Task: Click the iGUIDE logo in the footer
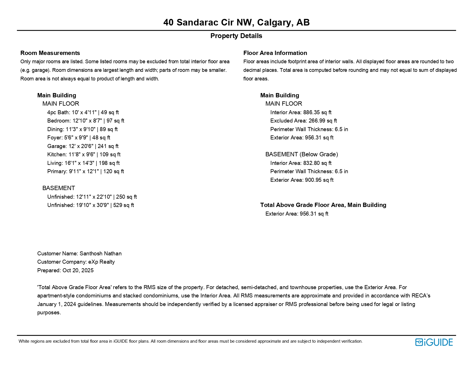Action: click(x=434, y=342)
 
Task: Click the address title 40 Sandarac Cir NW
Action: click(x=236, y=22)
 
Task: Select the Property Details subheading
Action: click(x=236, y=36)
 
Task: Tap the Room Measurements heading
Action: click(x=50, y=53)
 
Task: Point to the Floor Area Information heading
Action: click(x=275, y=53)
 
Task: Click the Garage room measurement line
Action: click(x=83, y=146)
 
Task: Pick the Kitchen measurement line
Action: click(x=84, y=155)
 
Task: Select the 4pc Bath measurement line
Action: click(x=83, y=113)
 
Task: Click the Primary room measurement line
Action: click(x=85, y=171)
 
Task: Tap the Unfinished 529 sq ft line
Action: click(x=91, y=205)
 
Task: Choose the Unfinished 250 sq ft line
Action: click(x=92, y=197)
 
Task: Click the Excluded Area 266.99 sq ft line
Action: click(x=304, y=121)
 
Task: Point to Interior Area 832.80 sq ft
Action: click(x=301, y=163)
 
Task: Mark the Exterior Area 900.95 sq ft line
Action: click(x=302, y=180)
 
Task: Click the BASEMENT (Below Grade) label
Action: click(x=302, y=155)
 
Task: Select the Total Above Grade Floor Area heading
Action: click(x=323, y=205)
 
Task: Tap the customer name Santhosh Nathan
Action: click(x=100, y=254)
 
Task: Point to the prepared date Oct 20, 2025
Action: click(x=78, y=271)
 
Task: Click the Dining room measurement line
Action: click(x=82, y=129)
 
